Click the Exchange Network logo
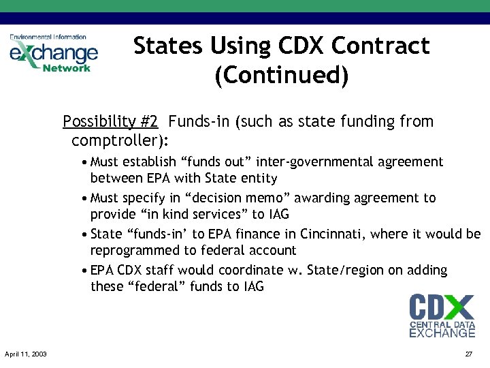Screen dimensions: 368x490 point(53,52)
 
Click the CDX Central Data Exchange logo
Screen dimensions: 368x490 point(442,316)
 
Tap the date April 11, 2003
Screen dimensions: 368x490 point(25,354)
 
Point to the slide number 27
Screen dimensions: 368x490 point(468,354)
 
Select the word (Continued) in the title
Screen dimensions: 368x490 point(281,75)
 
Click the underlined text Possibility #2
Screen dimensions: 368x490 point(110,122)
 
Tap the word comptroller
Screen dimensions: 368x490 point(116,141)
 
